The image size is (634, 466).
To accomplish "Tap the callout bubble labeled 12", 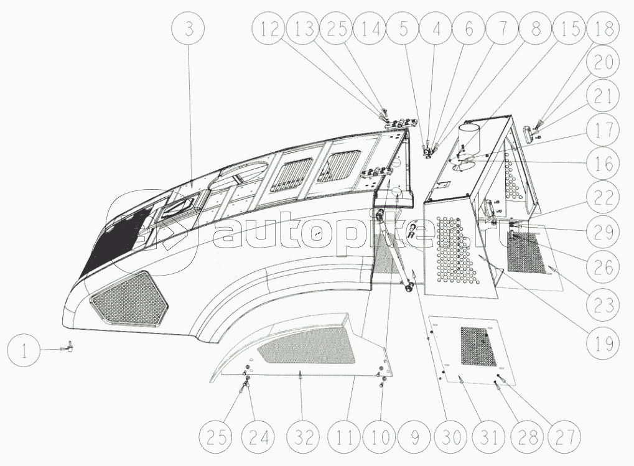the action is (271, 29).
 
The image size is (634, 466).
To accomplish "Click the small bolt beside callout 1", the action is (70, 347).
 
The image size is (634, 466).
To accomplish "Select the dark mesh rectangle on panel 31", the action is (478, 346).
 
